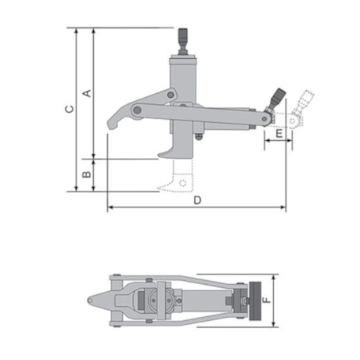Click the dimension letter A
[x=87, y=92]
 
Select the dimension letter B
[x=87, y=167]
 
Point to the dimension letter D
[x=197, y=200]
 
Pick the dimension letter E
[x=278, y=135]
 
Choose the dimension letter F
[x=267, y=300]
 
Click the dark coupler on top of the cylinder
[x=184, y=38]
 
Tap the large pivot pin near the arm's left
[x=138, y=111]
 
